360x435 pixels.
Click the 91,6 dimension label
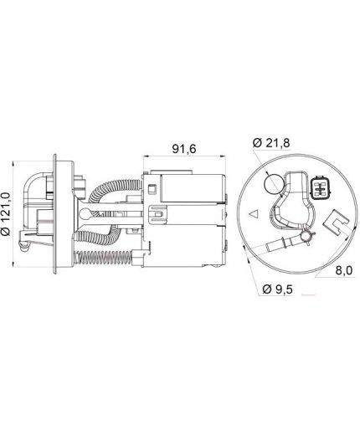(x=184, y=149)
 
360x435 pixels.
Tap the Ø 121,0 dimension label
(x=6, y=214)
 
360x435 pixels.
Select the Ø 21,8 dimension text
(x=271, y=143)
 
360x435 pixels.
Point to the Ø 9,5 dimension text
(x=278, y=289)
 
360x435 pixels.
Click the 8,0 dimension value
(x=344, y=270)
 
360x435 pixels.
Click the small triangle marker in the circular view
(x=254, y=214)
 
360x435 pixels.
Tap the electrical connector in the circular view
(x=321, y=187)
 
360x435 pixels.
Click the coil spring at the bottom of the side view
(x=104, y=257)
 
